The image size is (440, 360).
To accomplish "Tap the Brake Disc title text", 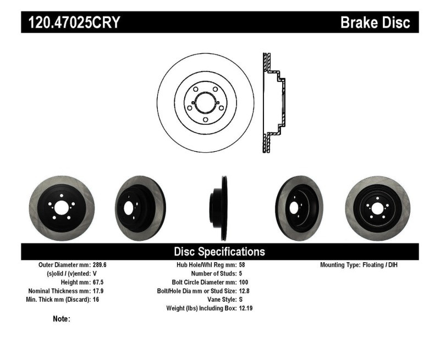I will coord(375,23).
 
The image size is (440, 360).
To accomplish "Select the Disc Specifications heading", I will coord(219,252).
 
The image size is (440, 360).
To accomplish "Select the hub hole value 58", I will coord(243,265).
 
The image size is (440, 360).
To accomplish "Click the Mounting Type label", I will coord(341,265).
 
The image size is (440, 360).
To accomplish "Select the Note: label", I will coord(61,319).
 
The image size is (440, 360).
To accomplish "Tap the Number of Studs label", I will coord(213,273).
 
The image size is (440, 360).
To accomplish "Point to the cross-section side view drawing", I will coord(273,103).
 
